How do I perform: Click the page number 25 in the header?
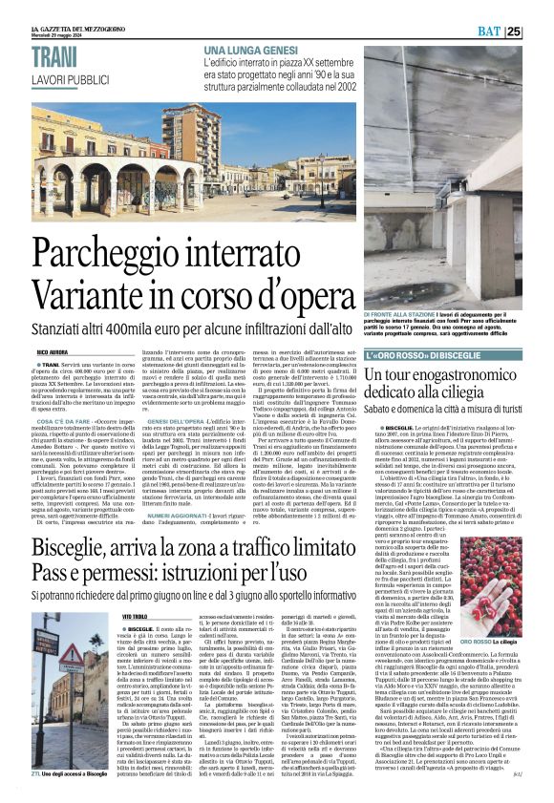[540, 31]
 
